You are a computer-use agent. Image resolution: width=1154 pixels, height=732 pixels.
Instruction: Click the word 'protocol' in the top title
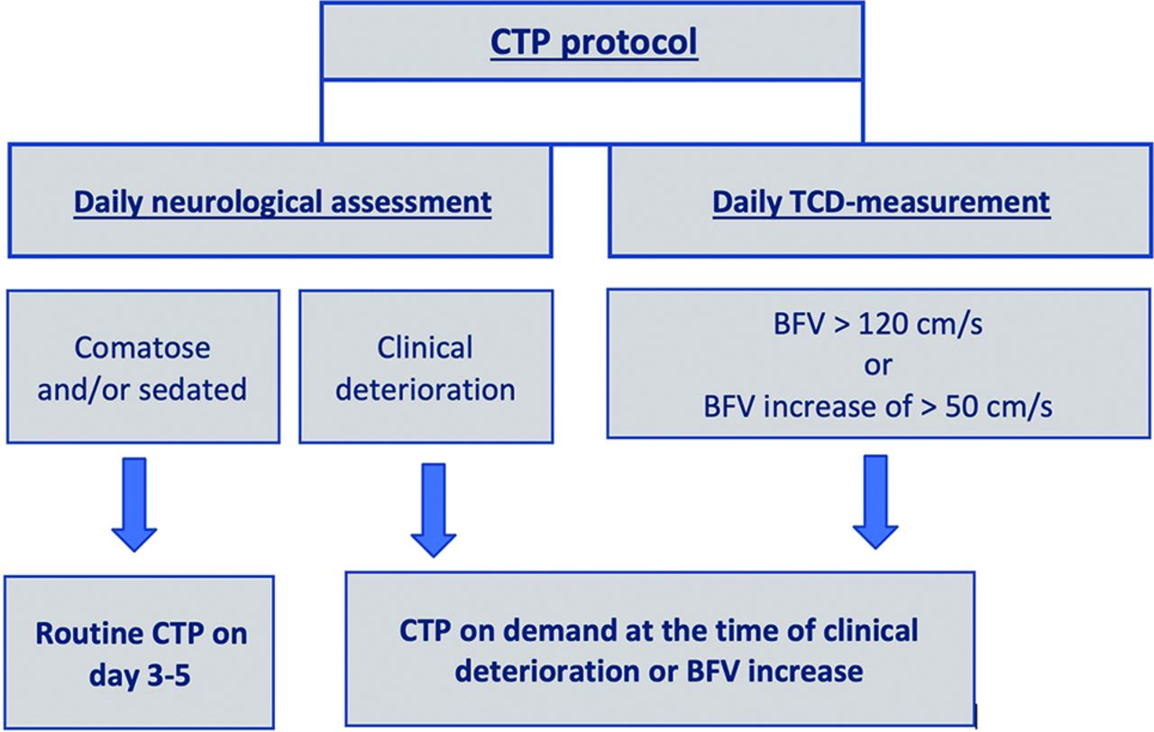point(629,42)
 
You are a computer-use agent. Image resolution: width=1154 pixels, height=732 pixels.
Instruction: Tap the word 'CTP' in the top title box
point(520,41)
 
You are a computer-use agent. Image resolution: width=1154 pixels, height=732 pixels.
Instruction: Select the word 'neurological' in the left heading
point(236,203)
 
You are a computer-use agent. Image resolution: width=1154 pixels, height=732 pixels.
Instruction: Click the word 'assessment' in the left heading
point(411,203)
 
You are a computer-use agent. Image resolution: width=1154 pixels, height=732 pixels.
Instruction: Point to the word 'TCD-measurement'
point(919,202)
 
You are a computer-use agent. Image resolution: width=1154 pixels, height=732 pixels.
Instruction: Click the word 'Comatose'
point(142,348)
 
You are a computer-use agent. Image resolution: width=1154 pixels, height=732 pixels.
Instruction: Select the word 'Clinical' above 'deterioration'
point(425,347)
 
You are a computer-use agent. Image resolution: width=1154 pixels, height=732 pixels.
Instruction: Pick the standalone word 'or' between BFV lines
point(878,366)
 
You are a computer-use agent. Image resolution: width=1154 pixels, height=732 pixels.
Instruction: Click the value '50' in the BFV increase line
point(963,407)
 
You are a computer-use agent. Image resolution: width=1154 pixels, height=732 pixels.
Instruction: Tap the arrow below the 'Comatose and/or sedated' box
point(134,505)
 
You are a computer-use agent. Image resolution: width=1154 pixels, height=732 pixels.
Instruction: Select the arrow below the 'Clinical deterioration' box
point(434,510)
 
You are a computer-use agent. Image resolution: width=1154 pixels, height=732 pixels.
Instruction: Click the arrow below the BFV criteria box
point(875,502)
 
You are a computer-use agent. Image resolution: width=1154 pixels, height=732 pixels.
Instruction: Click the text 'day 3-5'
point(140,675)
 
